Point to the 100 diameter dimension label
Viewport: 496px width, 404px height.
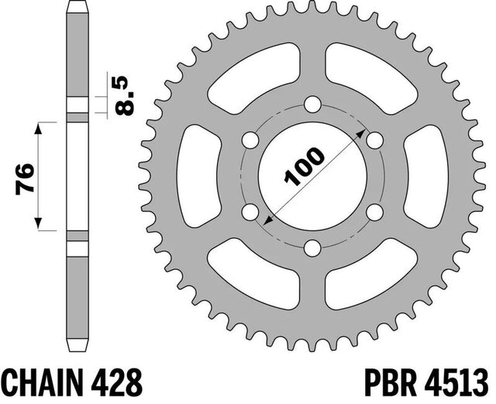(x=305, y=166)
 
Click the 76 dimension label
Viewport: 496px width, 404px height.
(x=25, y=178)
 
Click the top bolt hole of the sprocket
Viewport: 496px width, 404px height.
(x=312, y=104)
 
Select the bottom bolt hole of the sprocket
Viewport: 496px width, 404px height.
(x=312, y=248)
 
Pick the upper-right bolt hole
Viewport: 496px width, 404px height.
(x=375, y=140)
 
